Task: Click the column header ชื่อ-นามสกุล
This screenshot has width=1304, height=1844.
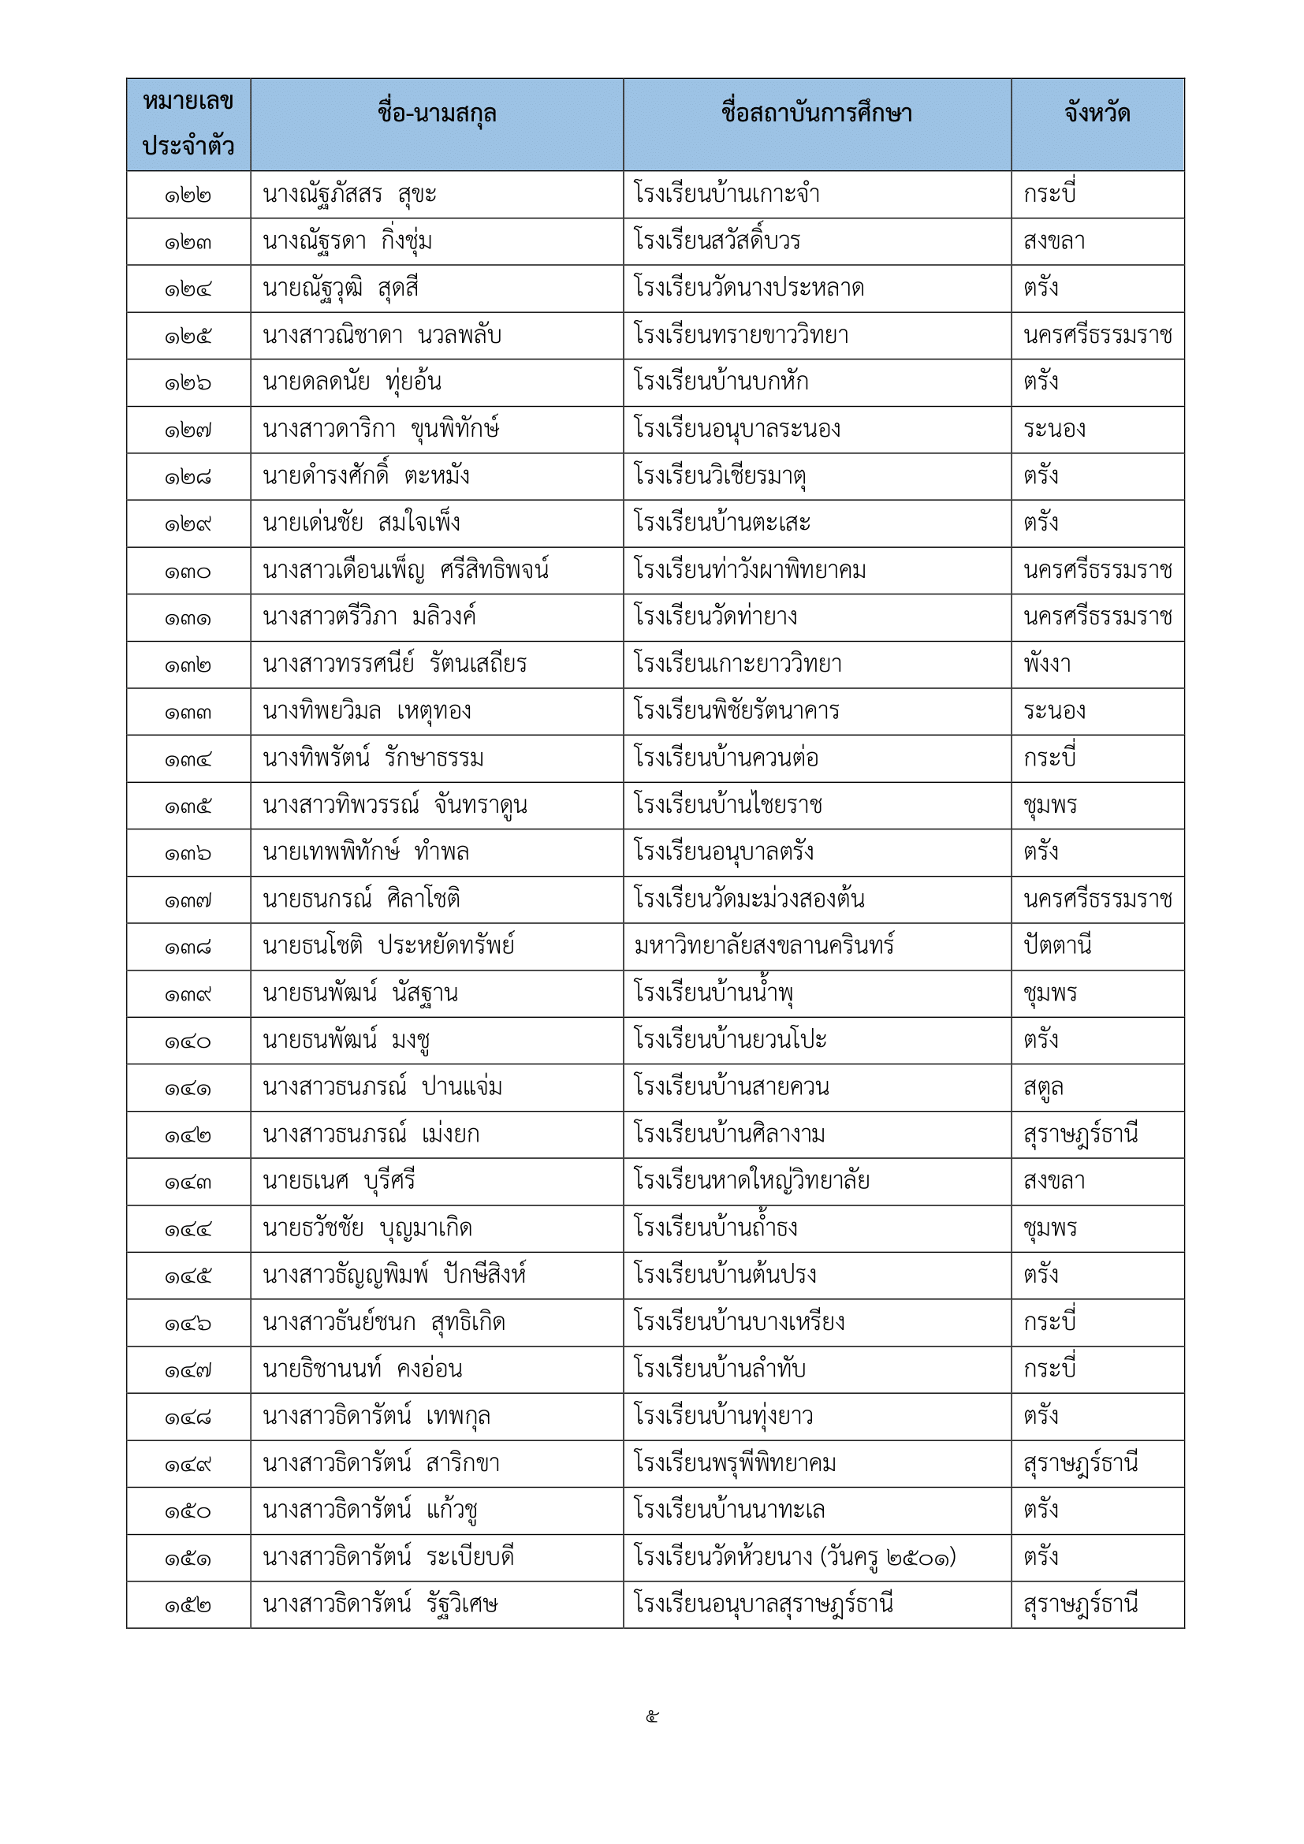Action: [437, 114]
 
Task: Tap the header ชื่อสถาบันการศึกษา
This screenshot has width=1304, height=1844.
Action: [817, 114]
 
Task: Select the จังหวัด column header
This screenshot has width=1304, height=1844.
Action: [1097, 114]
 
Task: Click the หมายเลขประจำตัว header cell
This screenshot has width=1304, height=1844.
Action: [188, 124]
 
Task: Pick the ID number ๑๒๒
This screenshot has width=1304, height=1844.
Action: [188, 196]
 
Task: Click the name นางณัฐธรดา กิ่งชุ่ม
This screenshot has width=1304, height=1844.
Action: [347, 242]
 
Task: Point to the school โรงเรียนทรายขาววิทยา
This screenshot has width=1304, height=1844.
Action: [740, 336]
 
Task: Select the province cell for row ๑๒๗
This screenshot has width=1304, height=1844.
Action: [1054, 430]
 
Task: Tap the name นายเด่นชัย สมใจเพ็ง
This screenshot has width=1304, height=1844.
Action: [361, 523]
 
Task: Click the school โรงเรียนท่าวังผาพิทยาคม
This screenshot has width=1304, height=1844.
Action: [749, 571]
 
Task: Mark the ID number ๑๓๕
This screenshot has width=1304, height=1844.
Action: [188, 807]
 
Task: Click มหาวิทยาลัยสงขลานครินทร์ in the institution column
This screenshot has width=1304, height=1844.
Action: [764, 946]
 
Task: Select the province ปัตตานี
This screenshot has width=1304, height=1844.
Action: [1057, 946]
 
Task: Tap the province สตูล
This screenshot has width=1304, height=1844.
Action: [1043, 1088]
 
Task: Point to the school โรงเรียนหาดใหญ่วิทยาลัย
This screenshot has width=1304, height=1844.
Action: [751, 1182]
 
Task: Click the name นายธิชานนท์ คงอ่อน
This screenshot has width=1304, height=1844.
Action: [362, 1369]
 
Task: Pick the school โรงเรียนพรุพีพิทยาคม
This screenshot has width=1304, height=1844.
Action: [735, 1463]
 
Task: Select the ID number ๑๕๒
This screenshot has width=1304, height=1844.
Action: [188, 1604]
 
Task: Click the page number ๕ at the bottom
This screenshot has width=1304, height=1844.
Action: [652, 1717]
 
